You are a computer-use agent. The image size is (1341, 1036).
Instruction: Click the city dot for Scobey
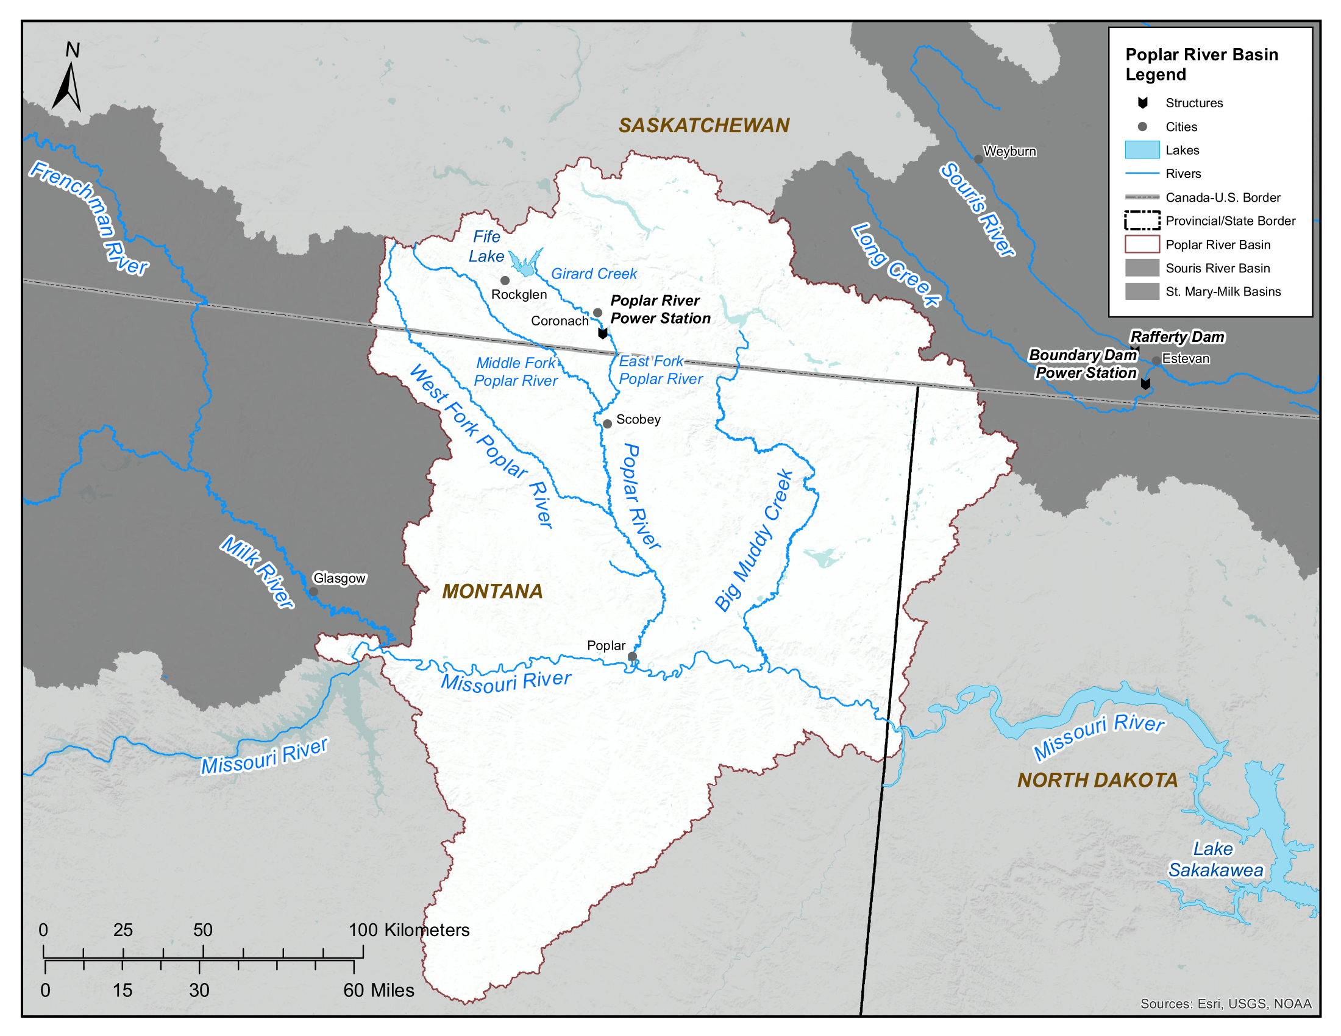point(606,424)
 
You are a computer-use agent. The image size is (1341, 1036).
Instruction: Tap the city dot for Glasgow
point(313,592)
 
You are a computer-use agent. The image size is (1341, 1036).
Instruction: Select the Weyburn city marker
point(978,160)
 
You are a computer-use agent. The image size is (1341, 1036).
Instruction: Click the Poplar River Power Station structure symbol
point(602,333)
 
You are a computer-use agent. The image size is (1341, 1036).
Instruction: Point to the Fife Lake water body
point(525,265)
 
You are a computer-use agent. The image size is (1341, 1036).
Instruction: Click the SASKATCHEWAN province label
point(703,125)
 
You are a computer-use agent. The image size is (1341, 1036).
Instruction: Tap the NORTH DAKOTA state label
point(1097,780)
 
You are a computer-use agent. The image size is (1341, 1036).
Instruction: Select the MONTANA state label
point(492,591)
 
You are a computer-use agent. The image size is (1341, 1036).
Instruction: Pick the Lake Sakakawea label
point(1215,859)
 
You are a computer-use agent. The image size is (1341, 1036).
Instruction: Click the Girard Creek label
point(593,274)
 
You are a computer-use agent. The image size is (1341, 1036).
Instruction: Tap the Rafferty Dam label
point(1176,337)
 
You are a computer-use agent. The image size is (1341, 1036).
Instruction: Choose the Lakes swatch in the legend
point(1142,151)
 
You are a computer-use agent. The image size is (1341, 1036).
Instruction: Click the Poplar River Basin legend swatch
point(1142,244)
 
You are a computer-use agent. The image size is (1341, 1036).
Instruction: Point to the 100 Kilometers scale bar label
point(409,930)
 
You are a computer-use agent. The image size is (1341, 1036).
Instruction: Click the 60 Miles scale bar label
point(379,990)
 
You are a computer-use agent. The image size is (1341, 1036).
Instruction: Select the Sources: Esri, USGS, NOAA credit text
point(1225,1004)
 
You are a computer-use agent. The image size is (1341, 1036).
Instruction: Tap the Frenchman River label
point(90,218)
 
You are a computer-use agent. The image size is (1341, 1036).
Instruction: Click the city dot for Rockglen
point(505,280)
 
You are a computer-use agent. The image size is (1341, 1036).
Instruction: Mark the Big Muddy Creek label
point(754,541)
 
